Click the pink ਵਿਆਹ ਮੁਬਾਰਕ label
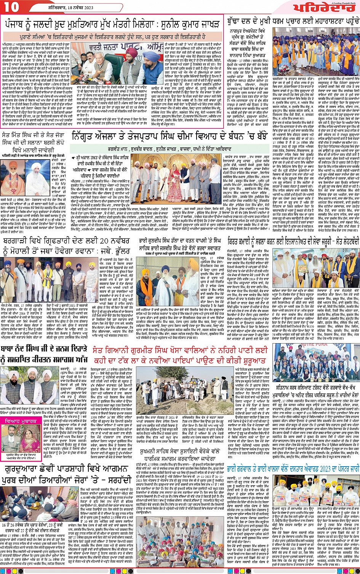pos(23,422)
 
